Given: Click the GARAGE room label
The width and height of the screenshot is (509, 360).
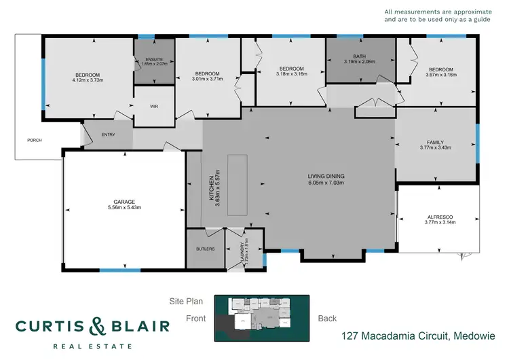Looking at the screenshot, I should [124, 202].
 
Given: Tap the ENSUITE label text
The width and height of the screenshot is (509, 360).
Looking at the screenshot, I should [155, 60].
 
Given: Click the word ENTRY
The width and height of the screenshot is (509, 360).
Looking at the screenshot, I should [108, 134].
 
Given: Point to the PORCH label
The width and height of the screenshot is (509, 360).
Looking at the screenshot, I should [34, 141].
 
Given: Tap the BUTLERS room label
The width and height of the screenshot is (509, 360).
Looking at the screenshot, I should [205, 249].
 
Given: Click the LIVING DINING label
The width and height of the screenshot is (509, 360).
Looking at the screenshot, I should [326, 177].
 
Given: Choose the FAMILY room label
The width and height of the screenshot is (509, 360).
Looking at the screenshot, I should [435, 141].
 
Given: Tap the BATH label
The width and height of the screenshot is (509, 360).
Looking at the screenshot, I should [360, 56].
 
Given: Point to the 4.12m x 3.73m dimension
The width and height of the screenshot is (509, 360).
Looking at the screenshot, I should [88, 80].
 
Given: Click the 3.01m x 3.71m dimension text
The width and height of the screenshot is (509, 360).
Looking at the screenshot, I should [208, 79].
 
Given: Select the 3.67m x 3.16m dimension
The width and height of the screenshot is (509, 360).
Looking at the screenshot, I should [440, 75].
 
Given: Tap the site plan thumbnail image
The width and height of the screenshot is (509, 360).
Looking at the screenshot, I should [261, 319].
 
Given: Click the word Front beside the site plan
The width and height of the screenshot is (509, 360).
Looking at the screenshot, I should [197, 318].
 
